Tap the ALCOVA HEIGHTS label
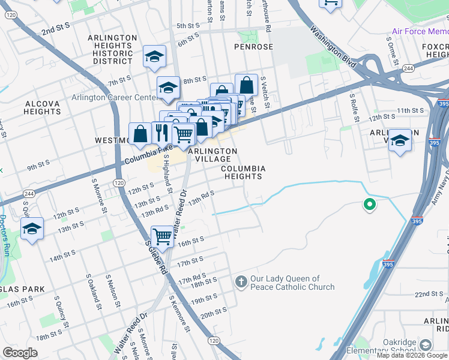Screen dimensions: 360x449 (43, 107)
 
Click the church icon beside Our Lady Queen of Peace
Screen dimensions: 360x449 (241, 282)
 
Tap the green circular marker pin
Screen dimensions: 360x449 (370, 205)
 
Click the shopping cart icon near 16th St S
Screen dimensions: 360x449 (162, 236)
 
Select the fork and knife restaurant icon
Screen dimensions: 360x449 (160, 133)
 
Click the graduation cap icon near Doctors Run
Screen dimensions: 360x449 (32, 229)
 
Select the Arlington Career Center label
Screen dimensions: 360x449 (113, 98)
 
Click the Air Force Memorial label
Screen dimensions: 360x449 (420, 31)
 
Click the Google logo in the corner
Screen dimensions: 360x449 (20, 353)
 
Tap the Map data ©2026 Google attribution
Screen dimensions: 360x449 (412, 355)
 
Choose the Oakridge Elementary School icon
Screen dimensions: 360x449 (426, 344)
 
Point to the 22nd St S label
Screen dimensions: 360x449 (432, 293)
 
